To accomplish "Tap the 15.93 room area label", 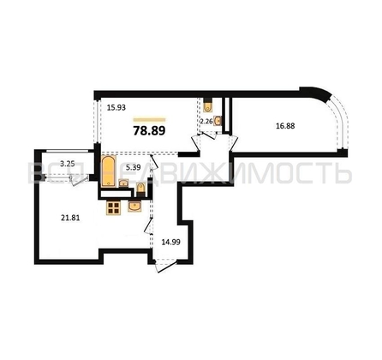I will point(117,107).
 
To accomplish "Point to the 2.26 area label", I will point(206,123).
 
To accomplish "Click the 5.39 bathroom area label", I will point(133,169).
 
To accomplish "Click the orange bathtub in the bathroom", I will point(108,171).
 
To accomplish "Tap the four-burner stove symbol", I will point(113,207).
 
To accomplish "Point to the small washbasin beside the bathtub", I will point(123,182).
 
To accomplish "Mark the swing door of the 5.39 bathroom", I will point(155,165).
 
